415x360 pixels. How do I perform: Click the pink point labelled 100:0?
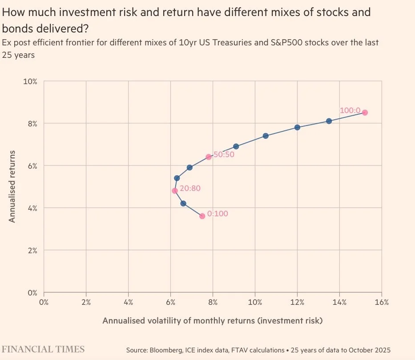tap(365, 113)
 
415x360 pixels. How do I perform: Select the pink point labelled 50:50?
tap(209, 157)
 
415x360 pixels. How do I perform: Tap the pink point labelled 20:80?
tap(175, 190)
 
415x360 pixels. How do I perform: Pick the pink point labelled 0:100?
tap(202, 216)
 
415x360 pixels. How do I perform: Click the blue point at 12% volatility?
tap(298, 127)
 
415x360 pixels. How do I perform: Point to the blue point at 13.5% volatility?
tap(329, 121)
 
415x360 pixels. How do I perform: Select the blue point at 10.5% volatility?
tap(266, 136)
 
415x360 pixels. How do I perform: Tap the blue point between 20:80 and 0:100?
tap(183, 203)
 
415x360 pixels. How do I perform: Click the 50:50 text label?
tap(224, 155)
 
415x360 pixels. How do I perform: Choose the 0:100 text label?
tap(218, 214)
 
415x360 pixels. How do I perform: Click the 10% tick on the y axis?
tap(30, 81)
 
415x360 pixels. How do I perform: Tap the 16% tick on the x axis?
tap(382, 302)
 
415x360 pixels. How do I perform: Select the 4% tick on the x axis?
tap(128, 302)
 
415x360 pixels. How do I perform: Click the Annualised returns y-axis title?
tap(12, 186)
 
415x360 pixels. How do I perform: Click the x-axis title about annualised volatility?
tap(212, 320)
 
